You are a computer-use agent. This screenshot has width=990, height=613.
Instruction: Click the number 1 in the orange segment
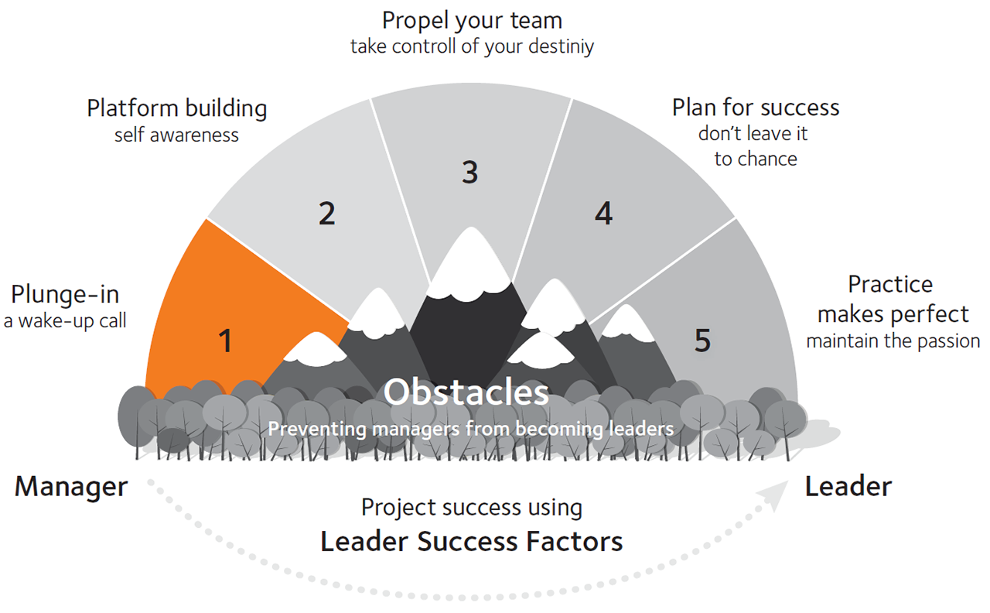click(225, 341)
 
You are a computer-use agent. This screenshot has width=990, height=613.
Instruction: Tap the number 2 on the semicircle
click(327, 214)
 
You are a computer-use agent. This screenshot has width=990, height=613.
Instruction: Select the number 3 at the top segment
click(469, 172)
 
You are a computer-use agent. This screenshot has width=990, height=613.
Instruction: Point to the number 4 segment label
click(604, 214)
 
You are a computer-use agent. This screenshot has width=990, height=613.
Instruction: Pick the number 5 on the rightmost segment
click(703, 341)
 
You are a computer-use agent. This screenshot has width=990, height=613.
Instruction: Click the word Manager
click(71, 488)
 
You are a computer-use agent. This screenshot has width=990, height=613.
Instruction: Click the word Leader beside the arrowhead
click(848, 487)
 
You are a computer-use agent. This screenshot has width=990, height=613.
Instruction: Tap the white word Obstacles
click(466, 392)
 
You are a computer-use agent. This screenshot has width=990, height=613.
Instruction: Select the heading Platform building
click(177, 109)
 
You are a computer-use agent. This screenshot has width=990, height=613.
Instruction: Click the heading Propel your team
click(472, 21)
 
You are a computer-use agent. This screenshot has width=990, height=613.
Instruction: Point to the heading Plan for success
click(756, 108)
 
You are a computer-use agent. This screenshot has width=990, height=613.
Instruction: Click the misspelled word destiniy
click(562, 47)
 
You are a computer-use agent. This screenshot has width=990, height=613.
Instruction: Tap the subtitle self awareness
click(176, 135)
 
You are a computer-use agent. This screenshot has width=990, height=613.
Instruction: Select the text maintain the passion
click(893, 341)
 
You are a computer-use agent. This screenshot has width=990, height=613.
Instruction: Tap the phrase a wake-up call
click(65, 321)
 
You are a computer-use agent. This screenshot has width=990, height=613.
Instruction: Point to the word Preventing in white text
click(317, 429)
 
